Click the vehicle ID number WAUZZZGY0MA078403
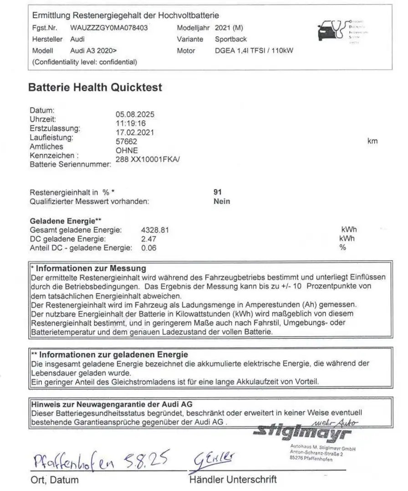pyautogui.click(x=109, y=28)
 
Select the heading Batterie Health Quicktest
pyautogui.click(x=95, y=88)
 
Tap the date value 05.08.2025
pyautogui.click(x=135, y=115)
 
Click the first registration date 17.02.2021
pyautogui.click(x=135, y=133)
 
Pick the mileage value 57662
pyautogui.click(x=127, y=142)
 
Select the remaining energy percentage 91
pyautogui.click(x=218, y=192)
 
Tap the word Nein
pyautogui.click(x=222, y=201)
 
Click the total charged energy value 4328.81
pyautogui.click(x=155, y=230)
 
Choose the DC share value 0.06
pyautogui.click(x=149, y=248)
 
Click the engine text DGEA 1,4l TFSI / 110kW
pyautogui.click(x=254, y=51)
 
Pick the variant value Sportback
pyautogui.click(x=231, y=40)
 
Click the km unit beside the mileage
pyautogui.click(x=372, y=142)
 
